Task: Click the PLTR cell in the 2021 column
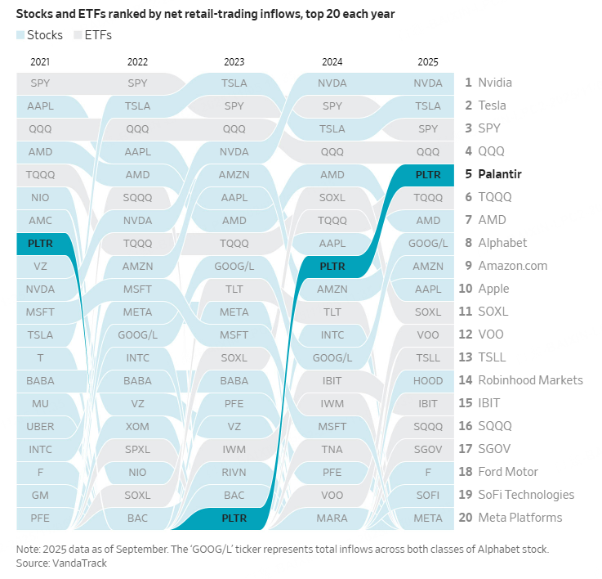40,243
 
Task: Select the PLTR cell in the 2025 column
427,174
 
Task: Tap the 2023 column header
234,61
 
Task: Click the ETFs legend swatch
78,35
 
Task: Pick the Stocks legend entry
38,35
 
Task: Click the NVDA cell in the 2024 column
332,83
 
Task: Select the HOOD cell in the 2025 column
427,380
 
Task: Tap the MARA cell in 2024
332,518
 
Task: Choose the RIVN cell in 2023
234,472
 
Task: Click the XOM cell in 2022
137,426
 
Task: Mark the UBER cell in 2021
40,426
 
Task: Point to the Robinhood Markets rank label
530,380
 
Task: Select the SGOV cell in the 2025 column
427,449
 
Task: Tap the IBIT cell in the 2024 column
332,380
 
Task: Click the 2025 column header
427,61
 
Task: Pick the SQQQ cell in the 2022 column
137,197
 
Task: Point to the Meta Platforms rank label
520,518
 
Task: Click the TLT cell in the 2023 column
234,289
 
